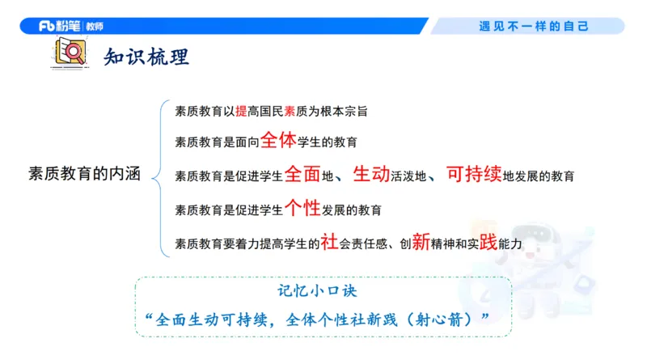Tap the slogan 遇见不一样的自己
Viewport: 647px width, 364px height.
point(533,26)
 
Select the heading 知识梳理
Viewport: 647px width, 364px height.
point(146,57)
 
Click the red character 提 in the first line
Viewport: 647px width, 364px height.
point(240,110)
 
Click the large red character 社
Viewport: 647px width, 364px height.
point(329,241)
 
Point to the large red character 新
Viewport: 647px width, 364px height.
point(420,241)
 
